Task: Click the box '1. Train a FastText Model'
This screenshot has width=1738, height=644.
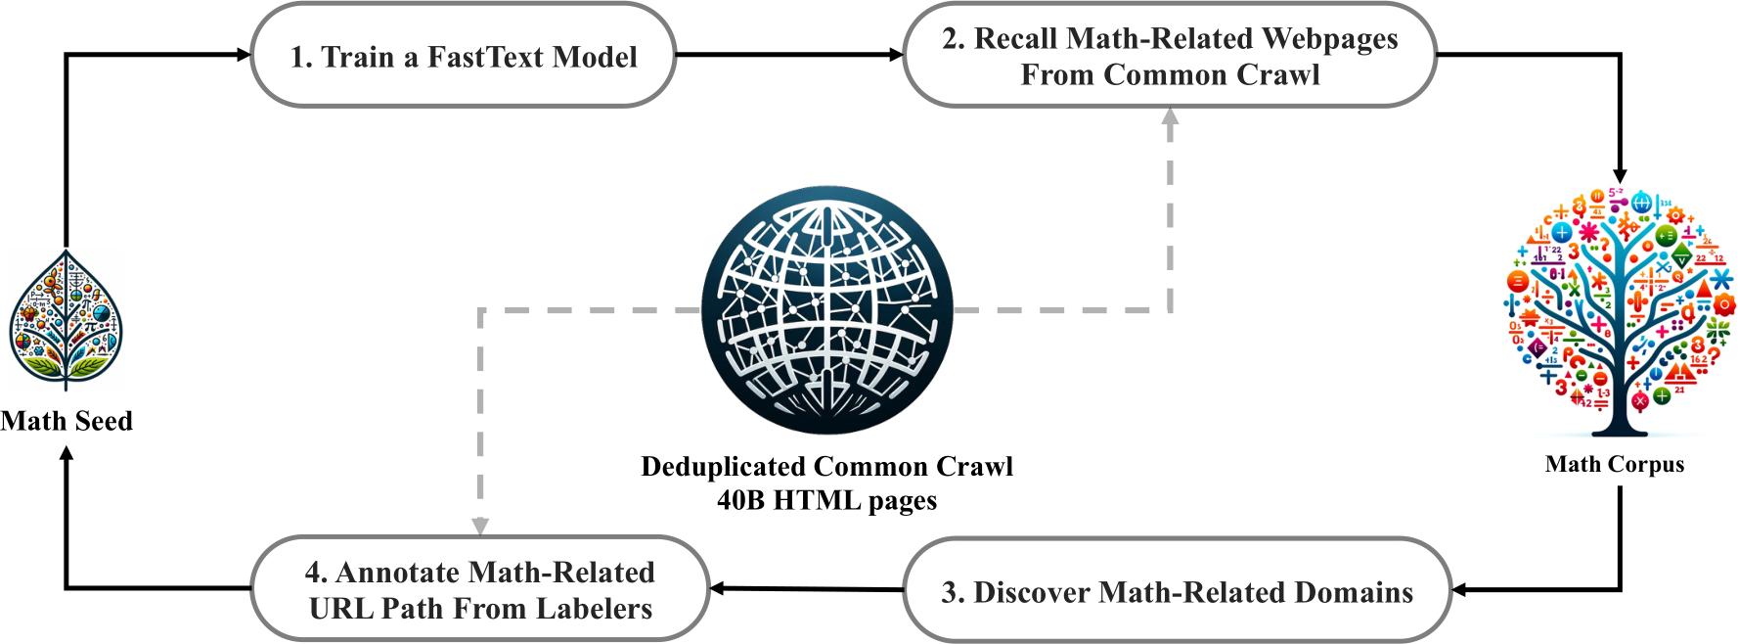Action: pyautogui.click(x=463, y=56)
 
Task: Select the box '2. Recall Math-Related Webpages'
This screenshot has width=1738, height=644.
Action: pyautogui.click(x=1169, y=56)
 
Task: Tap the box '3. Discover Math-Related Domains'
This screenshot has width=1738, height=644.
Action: pyautogui.click(x=1176, y=591)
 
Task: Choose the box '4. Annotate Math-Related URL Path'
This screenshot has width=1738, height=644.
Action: pyautogui.click(x=479, y=589)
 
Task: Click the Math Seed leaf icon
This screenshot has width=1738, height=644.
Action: pyautogui.click(x=66, y=321)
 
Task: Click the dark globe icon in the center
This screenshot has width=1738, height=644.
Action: pyautogui.click(x=826, y=310)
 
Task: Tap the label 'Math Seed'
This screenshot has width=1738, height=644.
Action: pyautogui.click(x=66, y=421)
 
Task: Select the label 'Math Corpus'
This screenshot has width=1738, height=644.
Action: pyautogui.click(x=1615, y=464)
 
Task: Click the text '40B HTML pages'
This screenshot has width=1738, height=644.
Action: pyautogui.click(x=826, y=500)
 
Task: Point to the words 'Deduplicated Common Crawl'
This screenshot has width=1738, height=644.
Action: pyautogui.click(x=826, y=466)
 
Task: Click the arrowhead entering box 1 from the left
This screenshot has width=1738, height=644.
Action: pyautogui.click(x=245, y=55)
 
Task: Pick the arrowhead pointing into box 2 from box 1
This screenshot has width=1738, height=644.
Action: pyautogui.click(x=896, y=55)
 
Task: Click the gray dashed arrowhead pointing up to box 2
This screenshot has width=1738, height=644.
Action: pyautogui.click(x=1170, y=115)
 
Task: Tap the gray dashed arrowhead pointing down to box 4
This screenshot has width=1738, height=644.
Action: pyautogui.click(x=480, y=527)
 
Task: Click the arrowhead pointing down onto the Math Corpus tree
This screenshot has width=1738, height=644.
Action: pyautogui.click(x=1620, y=174)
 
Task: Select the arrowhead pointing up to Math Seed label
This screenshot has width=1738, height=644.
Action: pyautogui.click(x=67, y=454)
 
